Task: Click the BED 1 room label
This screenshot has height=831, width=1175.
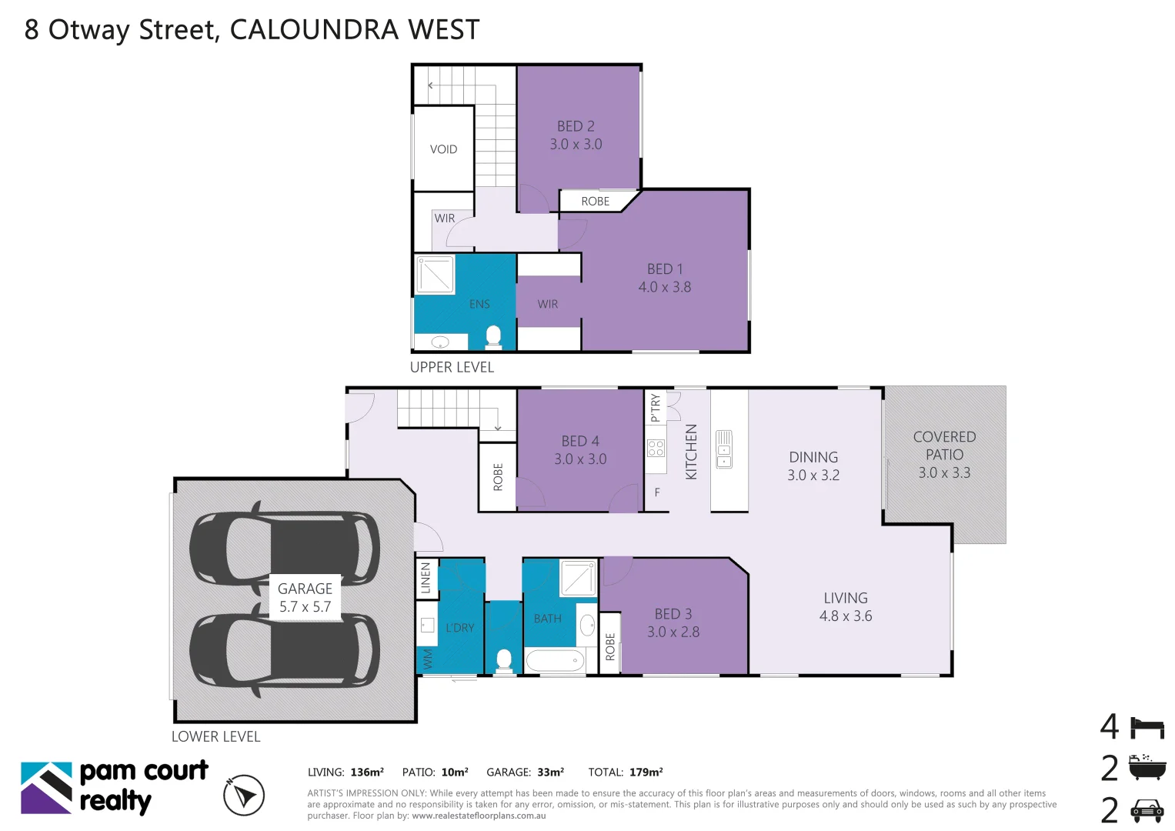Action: coord(665,278)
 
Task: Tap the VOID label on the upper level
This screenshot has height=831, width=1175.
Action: coord(443,149)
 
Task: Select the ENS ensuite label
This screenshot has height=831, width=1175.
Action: coord(479,304)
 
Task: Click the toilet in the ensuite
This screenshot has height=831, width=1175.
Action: coord(493,336)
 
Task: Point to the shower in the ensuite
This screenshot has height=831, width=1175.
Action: coord(435,275)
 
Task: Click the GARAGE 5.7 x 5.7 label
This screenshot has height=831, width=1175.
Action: coord(305,597)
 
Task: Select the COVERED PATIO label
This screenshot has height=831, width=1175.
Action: coord(944,454)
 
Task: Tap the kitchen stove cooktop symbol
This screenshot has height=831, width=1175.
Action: coord(656,448)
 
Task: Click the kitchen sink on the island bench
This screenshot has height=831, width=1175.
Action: coord(724,449)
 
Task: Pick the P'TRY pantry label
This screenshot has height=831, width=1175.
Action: coord(655,407)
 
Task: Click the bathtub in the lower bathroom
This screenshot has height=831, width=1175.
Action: coord(555,660)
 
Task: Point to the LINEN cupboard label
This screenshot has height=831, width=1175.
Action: coord(426,579)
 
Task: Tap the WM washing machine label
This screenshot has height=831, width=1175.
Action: coord(427,659)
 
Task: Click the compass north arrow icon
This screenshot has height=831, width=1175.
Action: coord(244,795)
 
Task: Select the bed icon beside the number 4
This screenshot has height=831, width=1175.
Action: coord(1147,727)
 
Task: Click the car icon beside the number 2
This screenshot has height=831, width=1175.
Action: coord(1147,810)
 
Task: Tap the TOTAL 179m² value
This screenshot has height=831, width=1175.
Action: coord(645,772)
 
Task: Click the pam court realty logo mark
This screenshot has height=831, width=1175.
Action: coord(46,788)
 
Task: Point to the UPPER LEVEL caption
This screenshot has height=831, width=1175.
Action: coord(452,367)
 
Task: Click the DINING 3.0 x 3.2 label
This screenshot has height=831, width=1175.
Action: coord(813,466)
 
